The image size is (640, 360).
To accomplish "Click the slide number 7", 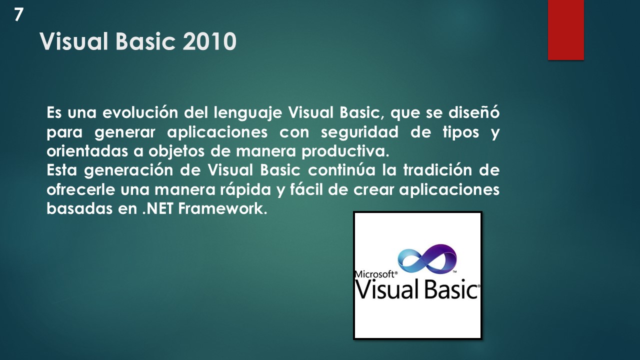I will click(x=18, y=15).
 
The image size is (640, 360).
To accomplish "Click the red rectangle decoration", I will click(x=565, y=30).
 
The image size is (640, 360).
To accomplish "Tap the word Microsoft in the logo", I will click(x=375, y=274).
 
